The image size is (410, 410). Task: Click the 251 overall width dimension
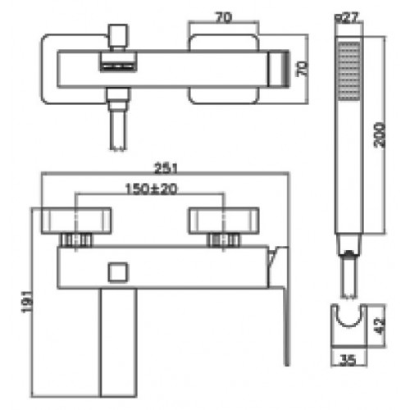[166, 168]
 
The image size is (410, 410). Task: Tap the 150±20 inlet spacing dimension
[151, 189]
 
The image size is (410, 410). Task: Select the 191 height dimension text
[28, 302]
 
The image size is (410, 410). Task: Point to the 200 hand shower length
[380, 135]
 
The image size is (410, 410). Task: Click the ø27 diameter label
[347, 18]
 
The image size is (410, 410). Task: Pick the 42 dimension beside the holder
[380, 326]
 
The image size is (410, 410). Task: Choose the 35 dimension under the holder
[348, 360]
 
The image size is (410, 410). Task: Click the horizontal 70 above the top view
[224, 18]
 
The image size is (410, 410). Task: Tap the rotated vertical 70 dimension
[302, 69]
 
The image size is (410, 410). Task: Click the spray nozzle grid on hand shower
[349, 71]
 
